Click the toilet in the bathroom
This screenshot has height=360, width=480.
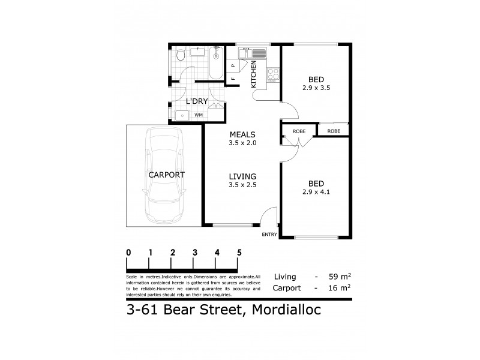[181, 56]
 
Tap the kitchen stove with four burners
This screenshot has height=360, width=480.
[272, 75]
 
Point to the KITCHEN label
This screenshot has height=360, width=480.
[254, 74]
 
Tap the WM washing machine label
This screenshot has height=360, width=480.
[198, 114]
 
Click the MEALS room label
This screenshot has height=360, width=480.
[242, 134]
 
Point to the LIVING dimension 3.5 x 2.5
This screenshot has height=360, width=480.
[242, 185]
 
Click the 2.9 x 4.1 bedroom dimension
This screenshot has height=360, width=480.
[316, 192]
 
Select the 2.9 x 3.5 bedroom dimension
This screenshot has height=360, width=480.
[316, 88]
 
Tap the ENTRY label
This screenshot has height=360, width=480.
[269, 235]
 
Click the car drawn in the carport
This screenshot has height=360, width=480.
[163, 175]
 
